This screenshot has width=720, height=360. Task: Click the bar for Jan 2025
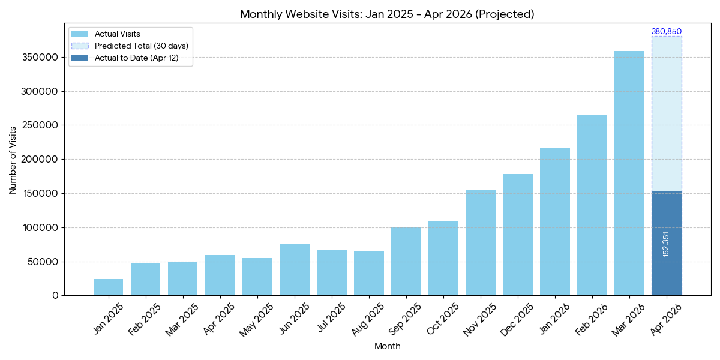coord(108,287)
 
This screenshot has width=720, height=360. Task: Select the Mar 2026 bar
coord(629,174)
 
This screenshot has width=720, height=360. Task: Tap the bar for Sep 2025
coord(406,262)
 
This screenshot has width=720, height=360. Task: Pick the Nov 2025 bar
coord(481,243)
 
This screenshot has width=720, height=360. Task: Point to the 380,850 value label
coord(667,32)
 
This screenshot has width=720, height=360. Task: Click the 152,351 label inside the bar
coord(666,244)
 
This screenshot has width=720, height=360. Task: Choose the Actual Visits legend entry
coord(117,34)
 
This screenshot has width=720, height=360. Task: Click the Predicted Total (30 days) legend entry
coord(141,46)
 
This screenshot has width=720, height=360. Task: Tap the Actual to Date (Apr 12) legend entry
coord(136,58)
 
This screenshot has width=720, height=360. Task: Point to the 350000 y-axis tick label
coord(38,58)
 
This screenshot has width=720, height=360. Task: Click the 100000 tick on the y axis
coord(38,228)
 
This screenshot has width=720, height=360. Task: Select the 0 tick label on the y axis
coord(55,296)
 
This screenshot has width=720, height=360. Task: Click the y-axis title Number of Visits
coord(13,160)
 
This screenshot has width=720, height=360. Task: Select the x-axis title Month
coord(387,346)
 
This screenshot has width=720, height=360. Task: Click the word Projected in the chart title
coord(503,14)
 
